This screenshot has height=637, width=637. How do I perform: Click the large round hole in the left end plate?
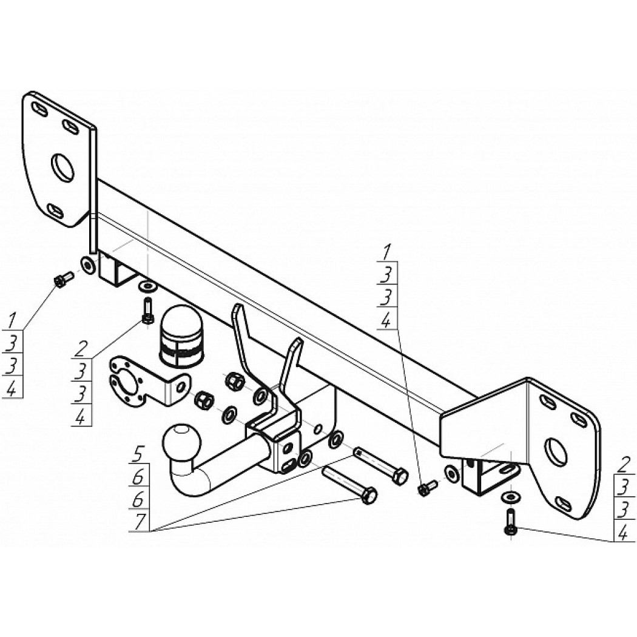pyautogui.click(x=62, y=167)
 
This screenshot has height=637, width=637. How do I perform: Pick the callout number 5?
pyautogui.click(x=138, y=454)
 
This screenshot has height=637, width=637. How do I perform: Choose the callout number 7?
pyautogui.click(x=139, y=522)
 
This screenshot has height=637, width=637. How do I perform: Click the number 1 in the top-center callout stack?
pyautogui.click(x=385, y=253)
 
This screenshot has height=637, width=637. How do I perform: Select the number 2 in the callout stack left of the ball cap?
pyautogui.click(x=81, y=349)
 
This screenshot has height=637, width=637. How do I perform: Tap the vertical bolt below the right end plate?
pyautogui.click(x=510, y=521)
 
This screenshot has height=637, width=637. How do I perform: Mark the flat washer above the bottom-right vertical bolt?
pyautogui.click(x=510, y=496)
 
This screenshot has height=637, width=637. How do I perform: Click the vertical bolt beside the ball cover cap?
pyautogui.click(x=147, y=311)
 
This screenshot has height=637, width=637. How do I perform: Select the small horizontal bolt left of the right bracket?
pyautogui.click(x=427, y=488)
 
